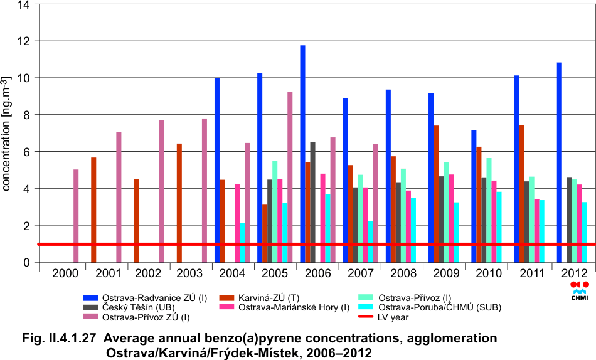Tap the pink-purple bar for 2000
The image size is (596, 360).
[76, 216]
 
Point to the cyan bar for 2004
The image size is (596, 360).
[242, 242]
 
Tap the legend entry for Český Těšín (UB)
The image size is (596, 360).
[145, 307]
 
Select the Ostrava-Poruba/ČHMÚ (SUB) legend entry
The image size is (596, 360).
[430, 307]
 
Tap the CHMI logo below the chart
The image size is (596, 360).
[580, 291]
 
